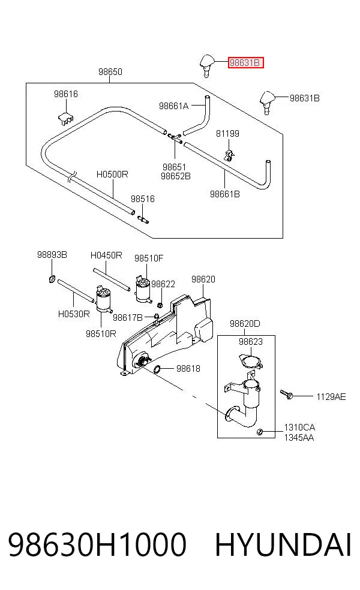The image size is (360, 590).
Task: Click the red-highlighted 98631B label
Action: coord(245,63)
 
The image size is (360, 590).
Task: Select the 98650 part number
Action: coord(110,71)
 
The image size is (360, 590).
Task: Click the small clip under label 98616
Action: coord(65,118)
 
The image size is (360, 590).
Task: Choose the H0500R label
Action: coord(112,174)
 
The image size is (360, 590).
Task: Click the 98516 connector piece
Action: coord(143,219)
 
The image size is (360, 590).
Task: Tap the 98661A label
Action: coord(173,106)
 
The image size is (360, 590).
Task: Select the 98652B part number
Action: coord(175,176)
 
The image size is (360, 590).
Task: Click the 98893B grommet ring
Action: coord(52,279)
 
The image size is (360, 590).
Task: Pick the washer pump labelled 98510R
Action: coord(103,300)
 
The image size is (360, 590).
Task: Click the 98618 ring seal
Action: coord(158,369)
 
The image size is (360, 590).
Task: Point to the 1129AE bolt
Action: coord(287,394)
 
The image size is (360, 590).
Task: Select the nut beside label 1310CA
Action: coord(259,432)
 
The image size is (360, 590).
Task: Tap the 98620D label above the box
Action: coord(245,324)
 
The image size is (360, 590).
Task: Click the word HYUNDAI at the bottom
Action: coord(283,544)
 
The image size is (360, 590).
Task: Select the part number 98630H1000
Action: coord(97,544)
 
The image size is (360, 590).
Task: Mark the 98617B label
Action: coord(128,318)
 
